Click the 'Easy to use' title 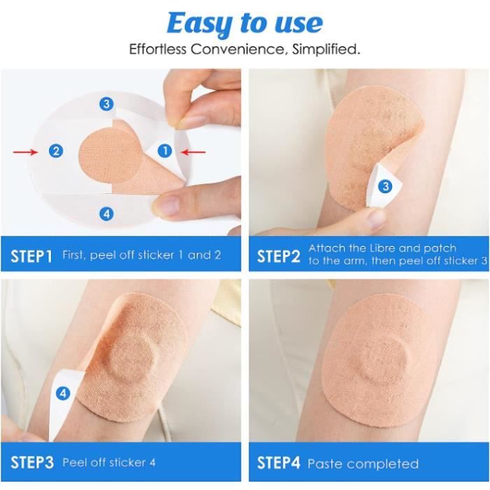point(245,24)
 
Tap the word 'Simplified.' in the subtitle point(325,49)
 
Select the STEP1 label point(31,256)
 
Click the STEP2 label point(279,256)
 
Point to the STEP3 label point(32,463)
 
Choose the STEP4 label point(279,463)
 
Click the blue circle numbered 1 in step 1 point(164,150)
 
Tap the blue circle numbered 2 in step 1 point(56,151)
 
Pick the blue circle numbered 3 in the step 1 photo point(106,104)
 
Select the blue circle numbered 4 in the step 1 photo point(106,214)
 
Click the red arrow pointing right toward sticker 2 point(25,152)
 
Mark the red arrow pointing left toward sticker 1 point(193,152)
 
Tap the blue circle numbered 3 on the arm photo point(385,186)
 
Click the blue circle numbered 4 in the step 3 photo point(63,393)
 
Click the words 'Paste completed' point(363,463)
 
